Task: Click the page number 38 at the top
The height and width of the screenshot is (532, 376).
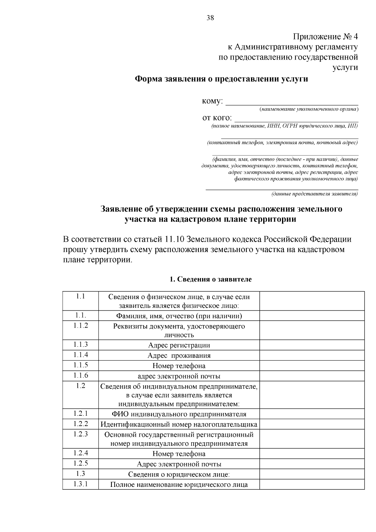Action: (210, 18)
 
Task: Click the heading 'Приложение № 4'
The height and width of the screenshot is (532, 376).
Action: (325, 37)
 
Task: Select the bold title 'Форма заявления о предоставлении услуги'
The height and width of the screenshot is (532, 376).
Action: (221, 79)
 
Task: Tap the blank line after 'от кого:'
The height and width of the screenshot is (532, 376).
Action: (296, 119)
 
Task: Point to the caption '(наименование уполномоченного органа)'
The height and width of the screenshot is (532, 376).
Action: (309, 109)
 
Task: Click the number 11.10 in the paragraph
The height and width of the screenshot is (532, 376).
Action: (174, 240)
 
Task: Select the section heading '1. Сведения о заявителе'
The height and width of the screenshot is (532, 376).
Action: (210, 279)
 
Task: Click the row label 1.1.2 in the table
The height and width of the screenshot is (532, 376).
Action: (81, 326)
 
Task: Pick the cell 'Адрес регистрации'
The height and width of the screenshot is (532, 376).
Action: (179, 345)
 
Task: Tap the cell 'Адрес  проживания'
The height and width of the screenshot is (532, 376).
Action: (179, 356)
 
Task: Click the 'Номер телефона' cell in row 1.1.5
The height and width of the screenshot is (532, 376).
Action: (179, 366)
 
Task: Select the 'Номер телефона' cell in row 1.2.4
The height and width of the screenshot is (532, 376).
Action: (179, 454)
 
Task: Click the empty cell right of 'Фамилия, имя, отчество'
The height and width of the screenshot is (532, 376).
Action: (312, 316)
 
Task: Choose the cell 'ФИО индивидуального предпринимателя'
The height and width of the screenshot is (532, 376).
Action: (179, 414)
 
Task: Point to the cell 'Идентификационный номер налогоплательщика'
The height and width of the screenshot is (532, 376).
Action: (179, 424)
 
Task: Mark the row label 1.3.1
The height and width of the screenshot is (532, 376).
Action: (81, 484)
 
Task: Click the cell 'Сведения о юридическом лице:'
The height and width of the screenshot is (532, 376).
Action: (179, 474)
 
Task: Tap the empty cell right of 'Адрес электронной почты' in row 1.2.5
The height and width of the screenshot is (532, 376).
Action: (312, 464)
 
